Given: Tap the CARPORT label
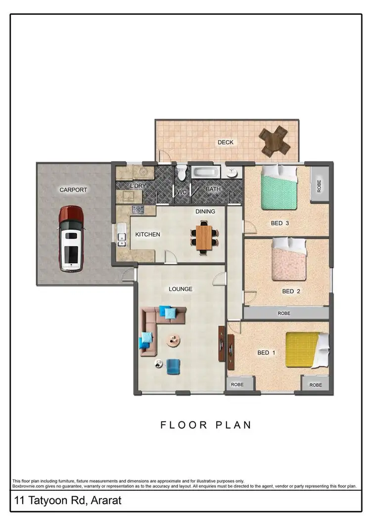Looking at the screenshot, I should [x=73, y=190].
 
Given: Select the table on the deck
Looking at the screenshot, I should [x=275, y=141].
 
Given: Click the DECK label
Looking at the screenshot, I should [x=226, y=143].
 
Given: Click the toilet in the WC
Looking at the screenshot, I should [x=182, y=173].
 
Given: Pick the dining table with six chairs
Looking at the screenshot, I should [x=204, y=237].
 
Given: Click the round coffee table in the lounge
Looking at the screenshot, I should [x=174, y=340].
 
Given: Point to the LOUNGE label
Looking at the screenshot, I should [x=180, y=289].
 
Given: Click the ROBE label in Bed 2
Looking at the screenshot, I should [x=284, y=313].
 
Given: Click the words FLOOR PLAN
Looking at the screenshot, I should [x=206, y=425].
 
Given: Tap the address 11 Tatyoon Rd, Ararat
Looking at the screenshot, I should [x=68, y=501].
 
